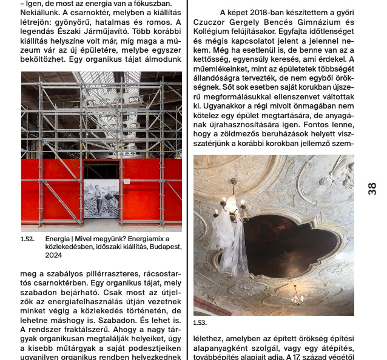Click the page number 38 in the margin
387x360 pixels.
coord(372,188)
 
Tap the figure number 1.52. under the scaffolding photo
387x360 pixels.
coord(28,239)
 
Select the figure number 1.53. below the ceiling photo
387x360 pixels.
coord(200,323)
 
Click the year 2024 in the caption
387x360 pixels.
coord(54,255)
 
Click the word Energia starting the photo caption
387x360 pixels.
coord(58,239)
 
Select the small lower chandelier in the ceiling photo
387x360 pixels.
coord(297,298)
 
